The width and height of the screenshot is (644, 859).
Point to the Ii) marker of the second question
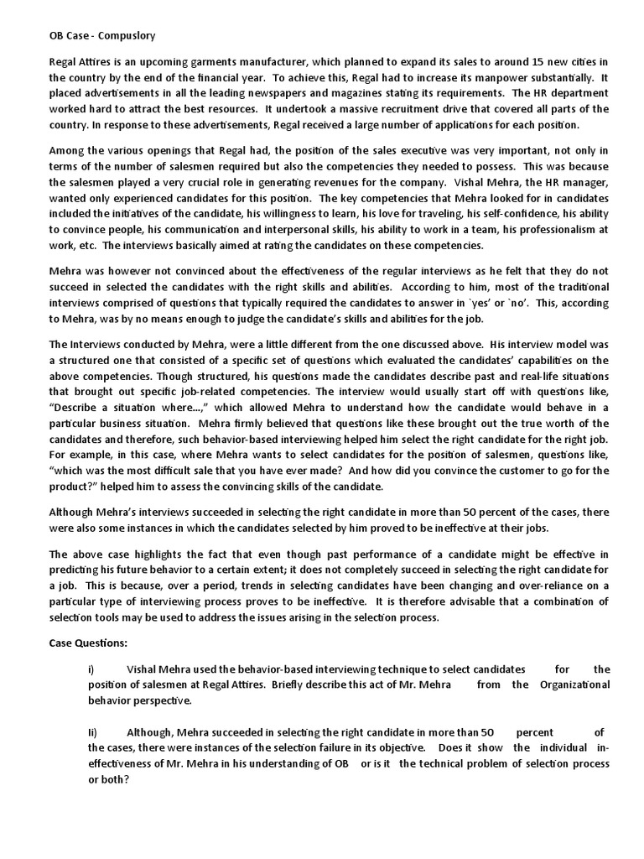click(93, 731)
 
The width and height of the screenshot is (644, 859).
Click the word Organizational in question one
click(573, 685)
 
